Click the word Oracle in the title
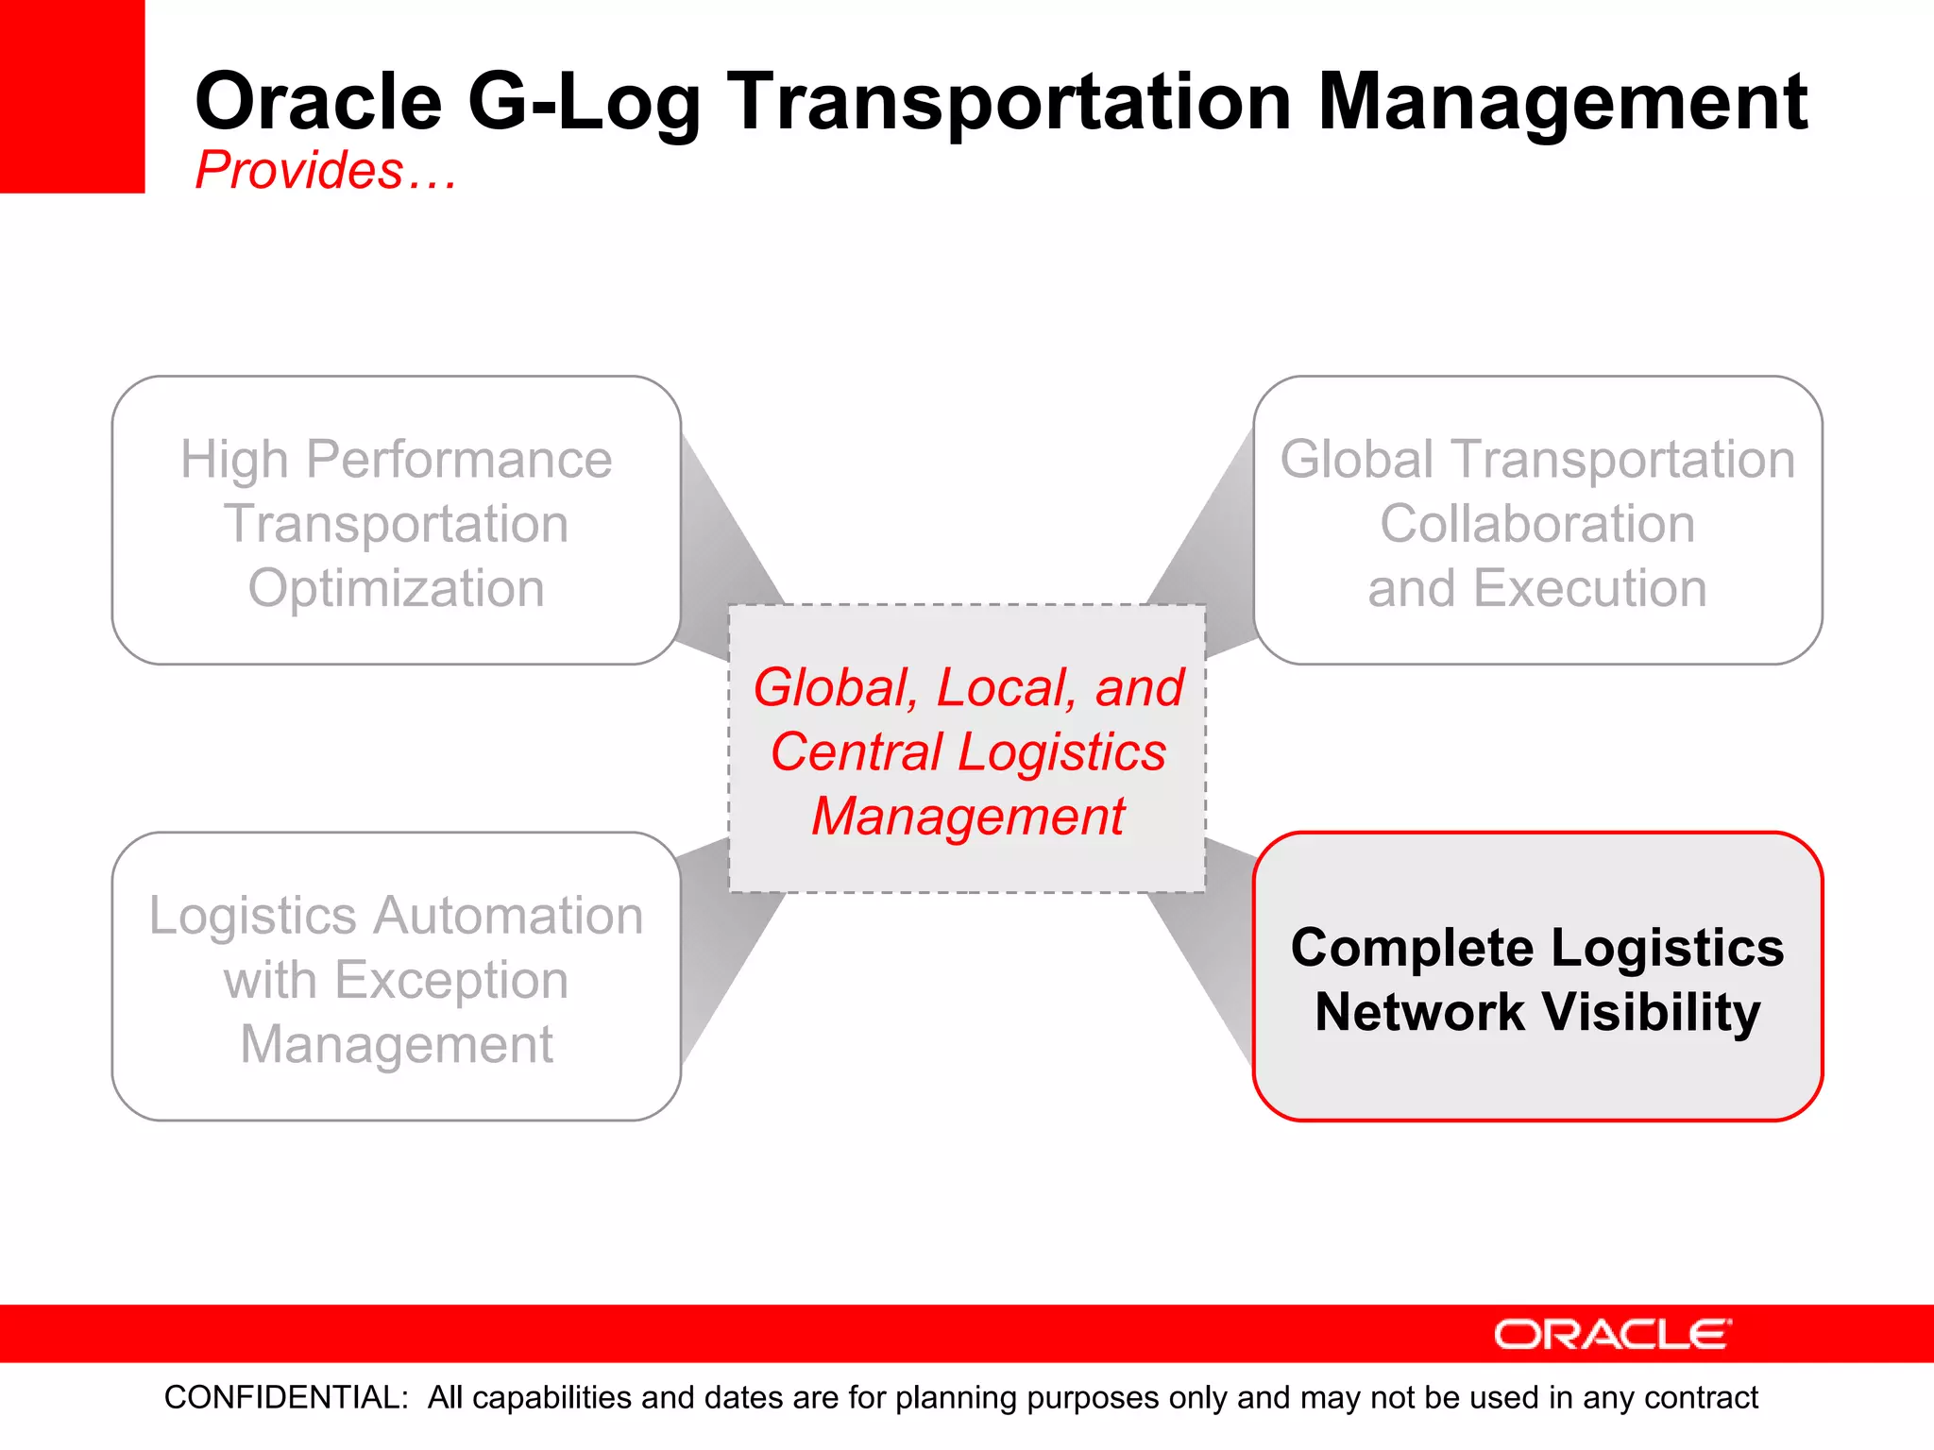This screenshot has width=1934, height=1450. coord(318,102)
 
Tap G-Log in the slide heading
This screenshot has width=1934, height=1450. coord(584,102)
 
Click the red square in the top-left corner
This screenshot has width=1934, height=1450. coord(72,95)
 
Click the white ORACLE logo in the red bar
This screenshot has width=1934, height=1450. coord(1612,1334)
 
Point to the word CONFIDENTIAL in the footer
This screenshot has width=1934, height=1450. coord(286,1397)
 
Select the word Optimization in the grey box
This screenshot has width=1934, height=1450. coord(397,588)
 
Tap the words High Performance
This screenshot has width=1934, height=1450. coord(397,460)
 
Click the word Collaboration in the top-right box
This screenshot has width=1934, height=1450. coord(1537,524)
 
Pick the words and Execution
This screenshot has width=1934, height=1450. coord(1537,588)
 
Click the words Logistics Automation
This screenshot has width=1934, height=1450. coord(397,916)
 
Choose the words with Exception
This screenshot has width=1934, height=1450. coord(397,980)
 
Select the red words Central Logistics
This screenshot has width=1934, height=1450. coord(968,752)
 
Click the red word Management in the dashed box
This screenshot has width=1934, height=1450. coord(968,817)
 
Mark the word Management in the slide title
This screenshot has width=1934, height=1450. coord(1562,102)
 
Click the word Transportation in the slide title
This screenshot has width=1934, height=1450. coord(1009,102)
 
